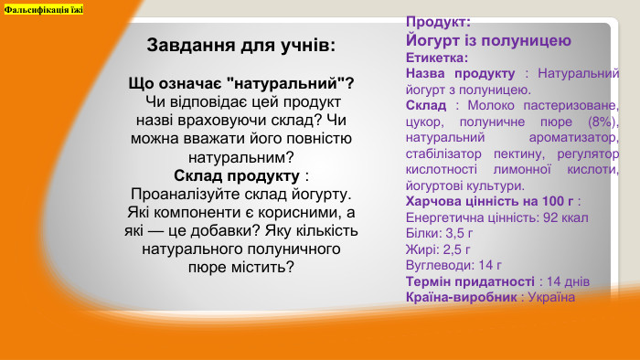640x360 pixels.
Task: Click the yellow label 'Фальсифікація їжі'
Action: (43, 8)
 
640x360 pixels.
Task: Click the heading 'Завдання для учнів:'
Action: (241, 45)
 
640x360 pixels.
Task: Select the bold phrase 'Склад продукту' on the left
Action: (237, 175)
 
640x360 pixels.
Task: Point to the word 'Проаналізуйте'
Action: (180, 194)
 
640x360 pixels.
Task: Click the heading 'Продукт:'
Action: (438, 21)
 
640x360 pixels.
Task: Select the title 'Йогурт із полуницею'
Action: (488, 40)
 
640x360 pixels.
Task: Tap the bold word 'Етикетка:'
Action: (436, 58)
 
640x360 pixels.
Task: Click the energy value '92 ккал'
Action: (563, 217)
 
